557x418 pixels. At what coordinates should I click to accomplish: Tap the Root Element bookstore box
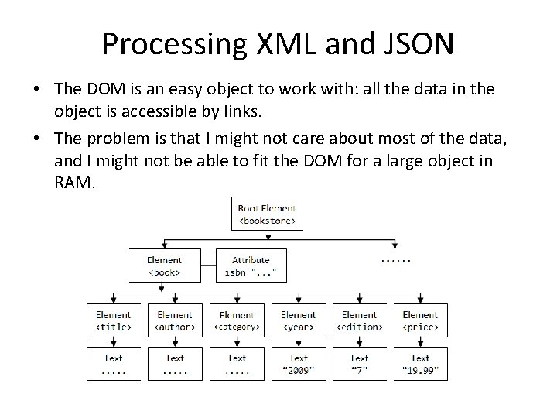[267, 214]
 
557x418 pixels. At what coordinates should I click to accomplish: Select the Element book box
[164, 266]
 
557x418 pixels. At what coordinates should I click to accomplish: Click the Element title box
[113, 320]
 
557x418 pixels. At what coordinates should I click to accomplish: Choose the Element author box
[175, 320]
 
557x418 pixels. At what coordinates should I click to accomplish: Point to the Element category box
[237, 320]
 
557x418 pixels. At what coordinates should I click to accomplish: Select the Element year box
[298, 320]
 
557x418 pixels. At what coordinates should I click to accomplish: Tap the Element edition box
[359, 320]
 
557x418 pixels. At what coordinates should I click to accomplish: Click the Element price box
[420, 320]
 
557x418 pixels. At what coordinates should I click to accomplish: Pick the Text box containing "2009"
[298, 363]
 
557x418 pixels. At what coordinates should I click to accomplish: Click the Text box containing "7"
[359, 363]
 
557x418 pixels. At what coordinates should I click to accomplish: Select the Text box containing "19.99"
[420, 363]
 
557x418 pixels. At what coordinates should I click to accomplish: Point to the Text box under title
[113, 363]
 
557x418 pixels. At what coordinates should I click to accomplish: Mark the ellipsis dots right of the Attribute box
[395, 259]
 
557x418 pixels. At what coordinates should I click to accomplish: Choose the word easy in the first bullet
[195, 89]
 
